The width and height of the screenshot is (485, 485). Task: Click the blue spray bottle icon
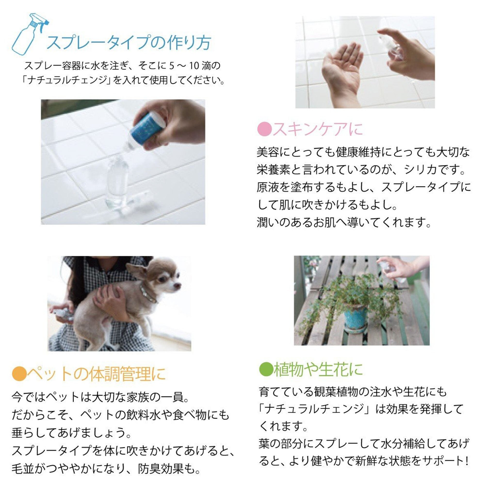pos(29,35)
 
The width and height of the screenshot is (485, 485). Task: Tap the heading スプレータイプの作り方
pos(129,43)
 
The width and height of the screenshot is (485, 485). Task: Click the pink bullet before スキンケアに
pos(264,129)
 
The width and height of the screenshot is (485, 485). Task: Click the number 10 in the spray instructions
pos(194,66)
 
